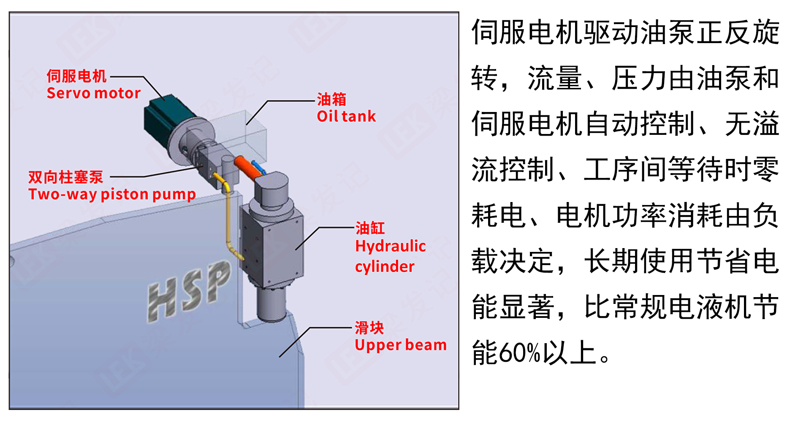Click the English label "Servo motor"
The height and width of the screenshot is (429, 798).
[93, 93]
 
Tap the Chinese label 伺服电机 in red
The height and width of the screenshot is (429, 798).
[76, 76]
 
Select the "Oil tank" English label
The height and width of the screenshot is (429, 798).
[346, 116]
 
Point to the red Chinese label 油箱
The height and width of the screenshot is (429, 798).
[331, 100]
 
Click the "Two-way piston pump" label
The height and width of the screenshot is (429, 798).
[112, 194]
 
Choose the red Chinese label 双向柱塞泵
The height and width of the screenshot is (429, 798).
[66, 177]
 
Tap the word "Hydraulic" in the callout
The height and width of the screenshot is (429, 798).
[391, 246]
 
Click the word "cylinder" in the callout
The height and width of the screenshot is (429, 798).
[385, 267]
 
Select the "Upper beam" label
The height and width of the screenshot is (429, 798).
[400, 345]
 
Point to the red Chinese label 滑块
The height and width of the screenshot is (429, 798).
[369, 328]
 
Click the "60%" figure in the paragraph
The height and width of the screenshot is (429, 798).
[520, 352]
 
